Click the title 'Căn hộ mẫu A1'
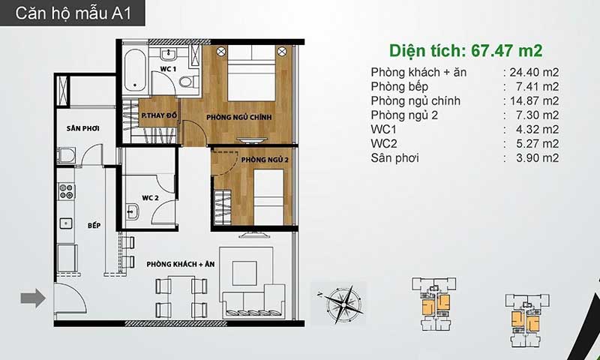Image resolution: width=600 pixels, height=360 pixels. pyautogui.click(x=73, y=13)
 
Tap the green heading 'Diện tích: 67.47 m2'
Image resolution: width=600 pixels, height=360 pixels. pyautogui.click(x=466, y=50)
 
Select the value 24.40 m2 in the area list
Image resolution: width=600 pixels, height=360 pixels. pyautogui.click(x=534, y=72)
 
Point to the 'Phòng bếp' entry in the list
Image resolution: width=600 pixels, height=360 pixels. pyautogui.click(x=400, y=87)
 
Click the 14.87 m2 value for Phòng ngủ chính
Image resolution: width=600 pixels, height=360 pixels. pyautogui.click(x=534, y=101)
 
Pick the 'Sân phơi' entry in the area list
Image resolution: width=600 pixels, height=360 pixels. pyautogui.click(x=395, y=158)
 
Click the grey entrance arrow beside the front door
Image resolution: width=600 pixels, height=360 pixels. pyautogui.click(x=33, y=298)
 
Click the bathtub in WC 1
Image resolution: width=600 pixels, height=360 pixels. pyautogui.click(x=135, y=70)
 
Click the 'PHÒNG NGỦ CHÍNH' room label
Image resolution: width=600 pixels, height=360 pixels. pyautogui.click(x=239, y=118)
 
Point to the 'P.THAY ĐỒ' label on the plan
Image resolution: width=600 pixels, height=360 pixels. pyautogui.click(x=159, y=115)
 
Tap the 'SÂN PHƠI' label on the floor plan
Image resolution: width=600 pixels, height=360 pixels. pyautogui.click(x=83, y=128)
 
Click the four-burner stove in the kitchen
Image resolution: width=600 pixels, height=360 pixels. pyautogui.click(x=66, y=191)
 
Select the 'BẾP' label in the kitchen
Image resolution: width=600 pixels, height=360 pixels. pyautogui.click(x=94, y=226)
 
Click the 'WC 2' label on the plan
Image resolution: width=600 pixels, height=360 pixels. pyautogui.click(x=150, y=198)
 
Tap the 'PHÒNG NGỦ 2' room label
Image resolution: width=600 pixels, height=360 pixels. pyautogui.click(x=265, y=160)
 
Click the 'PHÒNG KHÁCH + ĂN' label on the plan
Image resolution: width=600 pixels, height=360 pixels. pyautogui.click(x=181, y=264)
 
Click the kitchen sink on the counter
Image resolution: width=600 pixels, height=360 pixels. pyautogui.click(x=66, y=223)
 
